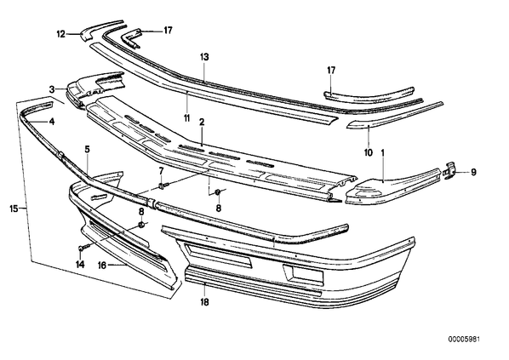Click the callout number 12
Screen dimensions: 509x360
click(x=60, y=34)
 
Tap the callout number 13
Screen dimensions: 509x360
click(x=204, y=58)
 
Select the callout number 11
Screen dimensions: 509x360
click(x=186, y=118)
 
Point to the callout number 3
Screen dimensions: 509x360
click(x=52, y=89)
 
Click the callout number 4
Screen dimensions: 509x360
click(x=52, y=122)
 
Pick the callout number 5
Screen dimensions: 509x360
click(x=88, y=149)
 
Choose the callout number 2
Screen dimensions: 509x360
click(x=202, y=122)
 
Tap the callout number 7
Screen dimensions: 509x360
click(x=162, y=170)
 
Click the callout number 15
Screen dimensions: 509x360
click(x=14, y=209)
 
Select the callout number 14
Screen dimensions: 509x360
click(x=80, y=265)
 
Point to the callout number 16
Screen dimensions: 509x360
click(x=102, y=266)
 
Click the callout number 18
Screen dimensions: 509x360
click(x=205, y=302)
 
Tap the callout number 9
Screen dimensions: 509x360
click(x=473, y=172)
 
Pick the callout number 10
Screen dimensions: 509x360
click(x=369, y=152)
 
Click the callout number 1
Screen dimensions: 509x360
click(x=383, y=152)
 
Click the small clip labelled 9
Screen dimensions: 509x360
click(x=449, y=170)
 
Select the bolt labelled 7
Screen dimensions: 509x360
click(x=163, y=186)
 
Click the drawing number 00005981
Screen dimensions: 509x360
click(x=464, y=340)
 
